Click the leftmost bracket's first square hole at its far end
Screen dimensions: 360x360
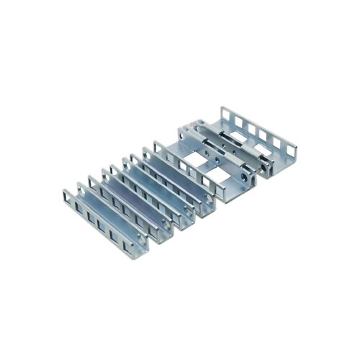[x=68, y=195]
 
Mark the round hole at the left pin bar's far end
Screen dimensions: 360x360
[x=190, y=132]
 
